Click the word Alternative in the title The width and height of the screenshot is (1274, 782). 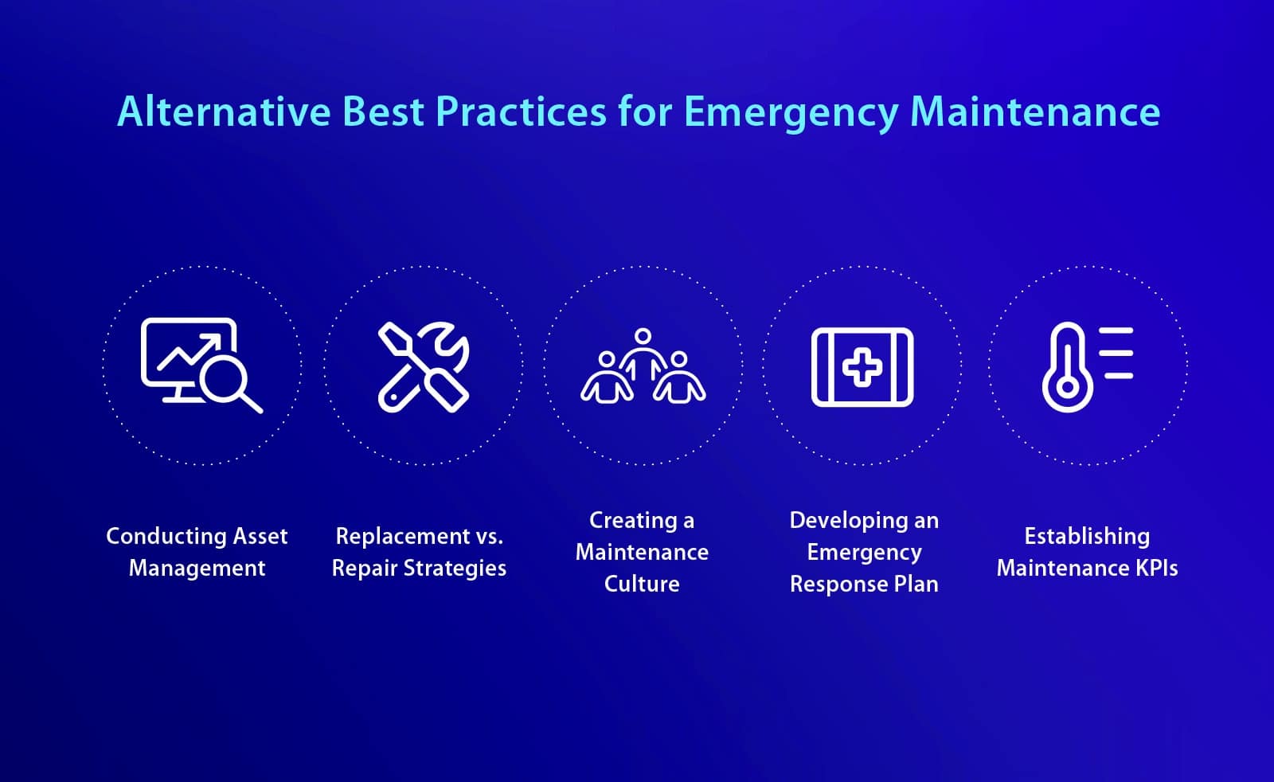coord(224,111)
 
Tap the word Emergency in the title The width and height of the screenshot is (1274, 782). coord(791,112)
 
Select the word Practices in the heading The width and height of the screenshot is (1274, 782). coord(521,111)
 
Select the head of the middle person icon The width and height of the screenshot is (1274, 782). coord(643,336)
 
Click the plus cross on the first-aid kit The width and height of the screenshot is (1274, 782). coord(862,368)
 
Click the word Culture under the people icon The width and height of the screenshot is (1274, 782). coord(642,584)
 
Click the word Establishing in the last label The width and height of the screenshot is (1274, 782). coord(1087,536)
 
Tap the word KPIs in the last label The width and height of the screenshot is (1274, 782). coord(1156,568)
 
